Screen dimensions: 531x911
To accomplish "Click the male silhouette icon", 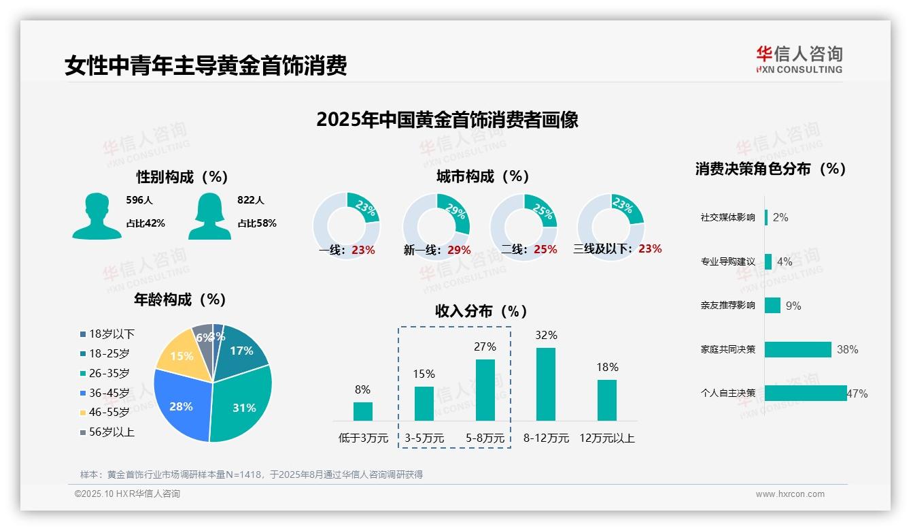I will tap(97, 216).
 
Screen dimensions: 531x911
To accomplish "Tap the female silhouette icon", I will tap(209, 216).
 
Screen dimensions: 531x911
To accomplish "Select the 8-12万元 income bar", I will tap(546, 384).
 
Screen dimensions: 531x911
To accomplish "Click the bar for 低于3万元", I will tap(362, 411).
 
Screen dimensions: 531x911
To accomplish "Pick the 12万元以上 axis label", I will tap(606, 438).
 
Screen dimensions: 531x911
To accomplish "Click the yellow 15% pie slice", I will tap(181, 355).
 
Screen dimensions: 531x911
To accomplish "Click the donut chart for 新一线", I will tap(436, 224).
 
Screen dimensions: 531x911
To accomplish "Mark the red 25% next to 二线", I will tap(545, 250).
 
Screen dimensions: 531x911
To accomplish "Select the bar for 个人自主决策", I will tap(806, 393).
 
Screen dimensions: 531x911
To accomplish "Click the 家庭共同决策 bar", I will tap(798, 349).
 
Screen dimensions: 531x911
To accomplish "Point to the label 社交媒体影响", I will tap(727, 218).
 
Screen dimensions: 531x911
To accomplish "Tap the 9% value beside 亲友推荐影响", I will tap(793, 306).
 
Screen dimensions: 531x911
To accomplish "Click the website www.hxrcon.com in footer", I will tap(790, 494).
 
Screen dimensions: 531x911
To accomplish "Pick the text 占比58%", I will tap(256, 223).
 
